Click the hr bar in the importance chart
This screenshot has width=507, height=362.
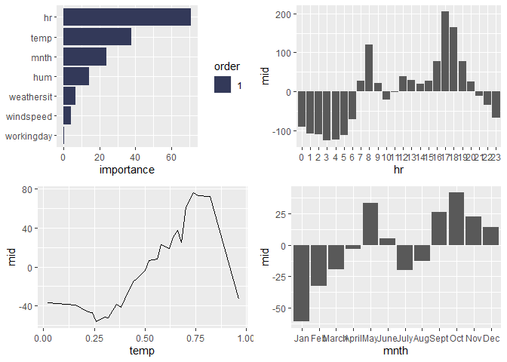pos(127,17)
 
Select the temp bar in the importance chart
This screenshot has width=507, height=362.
pos(97,37)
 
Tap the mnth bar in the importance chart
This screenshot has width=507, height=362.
pos(84,57)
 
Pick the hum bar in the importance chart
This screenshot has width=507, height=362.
pos(76,76)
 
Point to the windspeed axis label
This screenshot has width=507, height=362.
pos(29,116)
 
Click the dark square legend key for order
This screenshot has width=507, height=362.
pos(222,85)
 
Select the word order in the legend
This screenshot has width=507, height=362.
pos(227,67)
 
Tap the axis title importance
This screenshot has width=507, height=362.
pos(127,170)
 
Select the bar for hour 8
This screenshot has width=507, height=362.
pos(369,68)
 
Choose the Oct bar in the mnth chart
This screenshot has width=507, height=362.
pos(456,219)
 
